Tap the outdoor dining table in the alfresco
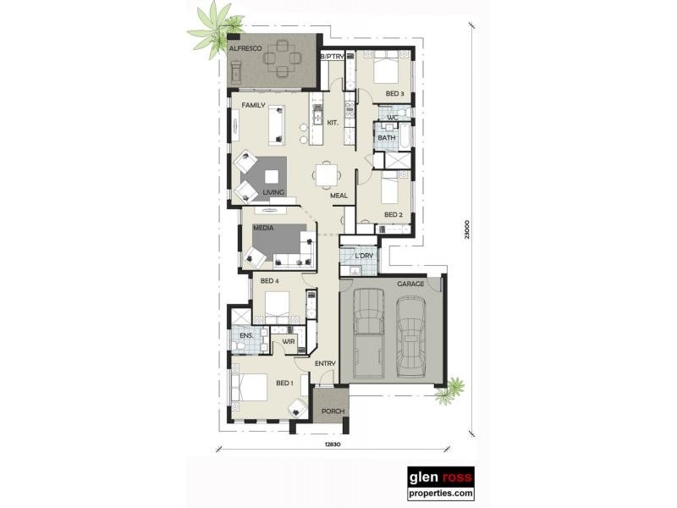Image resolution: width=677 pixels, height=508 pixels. [280, 59]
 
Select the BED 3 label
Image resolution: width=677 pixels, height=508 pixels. [394, 94]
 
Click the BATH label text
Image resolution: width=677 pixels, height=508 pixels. [386, 138]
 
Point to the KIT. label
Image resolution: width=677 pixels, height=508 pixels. [333, 124]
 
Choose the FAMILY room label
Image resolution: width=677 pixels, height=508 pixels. [254, 106]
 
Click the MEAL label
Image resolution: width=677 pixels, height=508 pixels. [339, 196]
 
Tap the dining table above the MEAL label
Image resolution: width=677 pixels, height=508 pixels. [327, 175]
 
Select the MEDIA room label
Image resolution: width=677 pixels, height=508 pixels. [262, 228]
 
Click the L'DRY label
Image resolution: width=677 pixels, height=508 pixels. [364, 256]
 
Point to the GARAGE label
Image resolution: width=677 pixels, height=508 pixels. [410, 284]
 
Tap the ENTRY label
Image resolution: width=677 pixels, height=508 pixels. [326, 364]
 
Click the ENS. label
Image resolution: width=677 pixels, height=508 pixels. [245, 336]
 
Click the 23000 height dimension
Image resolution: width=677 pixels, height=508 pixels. [465, 230]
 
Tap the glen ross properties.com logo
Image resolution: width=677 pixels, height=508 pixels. [441, 484]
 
